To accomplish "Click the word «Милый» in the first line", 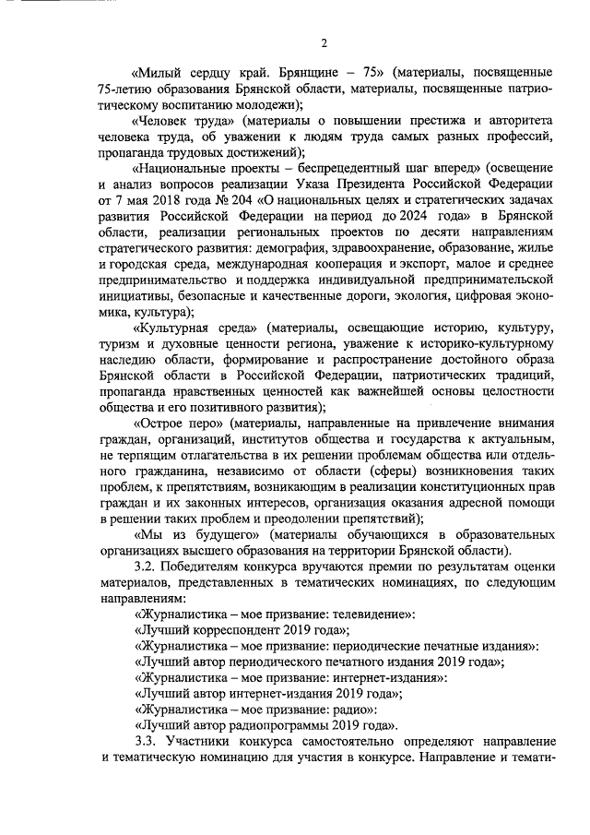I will click(x=159, y=72).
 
